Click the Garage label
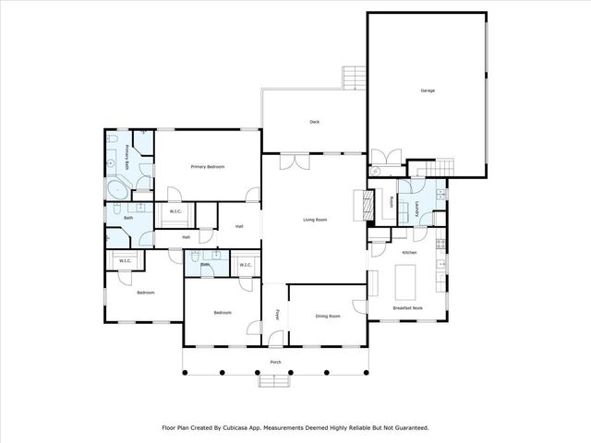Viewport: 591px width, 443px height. coord(428,90)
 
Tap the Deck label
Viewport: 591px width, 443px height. coord(314,121)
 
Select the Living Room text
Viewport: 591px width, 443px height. coord(316,220)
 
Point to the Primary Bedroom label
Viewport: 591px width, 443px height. coord(208,166)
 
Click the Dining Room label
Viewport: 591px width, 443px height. coord(328,317)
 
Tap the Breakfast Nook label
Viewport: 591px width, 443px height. coord(407,307)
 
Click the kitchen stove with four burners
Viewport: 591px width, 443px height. coord(440,245)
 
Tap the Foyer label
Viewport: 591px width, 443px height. coord(276,315)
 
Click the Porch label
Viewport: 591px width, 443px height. coord(275,362)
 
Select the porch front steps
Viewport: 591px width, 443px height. coord(275,379)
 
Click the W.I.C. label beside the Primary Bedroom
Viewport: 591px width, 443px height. coord(175,212)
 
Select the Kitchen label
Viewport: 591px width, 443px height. coord(409,252)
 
